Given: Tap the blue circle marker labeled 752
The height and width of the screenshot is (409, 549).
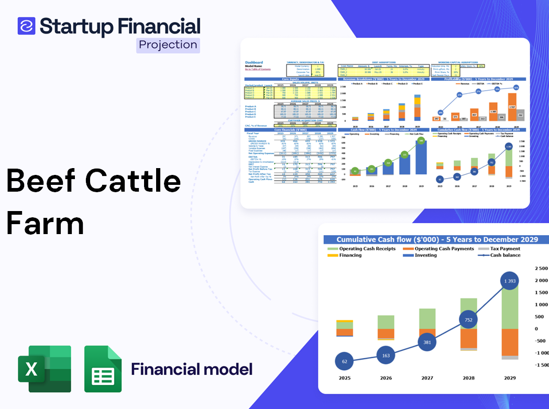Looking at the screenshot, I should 469,320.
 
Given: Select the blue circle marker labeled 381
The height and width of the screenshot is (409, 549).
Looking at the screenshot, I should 427,342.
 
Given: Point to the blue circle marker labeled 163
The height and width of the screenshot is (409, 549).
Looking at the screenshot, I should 386,356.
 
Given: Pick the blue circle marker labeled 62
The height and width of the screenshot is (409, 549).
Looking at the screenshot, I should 344,361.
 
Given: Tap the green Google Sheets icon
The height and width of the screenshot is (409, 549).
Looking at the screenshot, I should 103,369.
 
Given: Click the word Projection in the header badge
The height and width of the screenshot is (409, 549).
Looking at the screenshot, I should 168,45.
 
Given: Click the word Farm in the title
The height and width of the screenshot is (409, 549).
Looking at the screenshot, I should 45,224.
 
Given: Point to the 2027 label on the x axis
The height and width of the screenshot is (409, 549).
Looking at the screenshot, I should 427,378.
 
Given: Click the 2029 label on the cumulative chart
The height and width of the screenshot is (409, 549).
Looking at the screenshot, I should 510,378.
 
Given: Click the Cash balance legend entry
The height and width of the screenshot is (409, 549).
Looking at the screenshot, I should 505,255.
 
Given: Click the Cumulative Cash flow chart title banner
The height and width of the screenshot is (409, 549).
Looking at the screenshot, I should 437,239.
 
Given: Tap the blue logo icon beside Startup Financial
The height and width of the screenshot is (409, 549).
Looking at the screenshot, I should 26,26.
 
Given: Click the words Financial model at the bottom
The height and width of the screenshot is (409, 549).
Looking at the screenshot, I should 192,369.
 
